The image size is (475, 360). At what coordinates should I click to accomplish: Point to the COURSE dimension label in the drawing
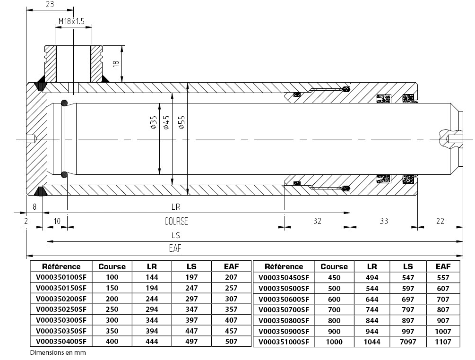point(176,221)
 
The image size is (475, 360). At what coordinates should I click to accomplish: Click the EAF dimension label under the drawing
point(175,248)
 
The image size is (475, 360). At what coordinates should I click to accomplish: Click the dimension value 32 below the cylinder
point(317,221)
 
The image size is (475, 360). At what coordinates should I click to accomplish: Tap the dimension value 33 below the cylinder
point(384,221)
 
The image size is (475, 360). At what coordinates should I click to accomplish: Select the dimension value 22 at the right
point(440,221)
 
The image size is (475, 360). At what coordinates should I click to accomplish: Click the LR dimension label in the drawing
point(176,207)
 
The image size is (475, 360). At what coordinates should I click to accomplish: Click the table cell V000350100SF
point(61,277)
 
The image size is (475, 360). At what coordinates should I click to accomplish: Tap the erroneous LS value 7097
point(407,342)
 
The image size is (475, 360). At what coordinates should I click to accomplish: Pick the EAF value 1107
point(443,342)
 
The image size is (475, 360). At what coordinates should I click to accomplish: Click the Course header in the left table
point(112,266)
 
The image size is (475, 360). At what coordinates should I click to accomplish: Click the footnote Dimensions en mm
point(58,352)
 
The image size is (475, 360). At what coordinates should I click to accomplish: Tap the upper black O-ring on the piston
point(64,103)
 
